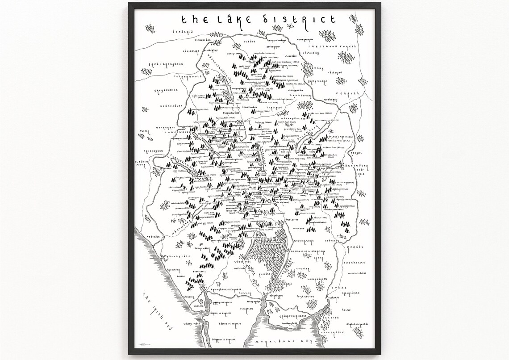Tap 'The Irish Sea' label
(154, 311)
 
